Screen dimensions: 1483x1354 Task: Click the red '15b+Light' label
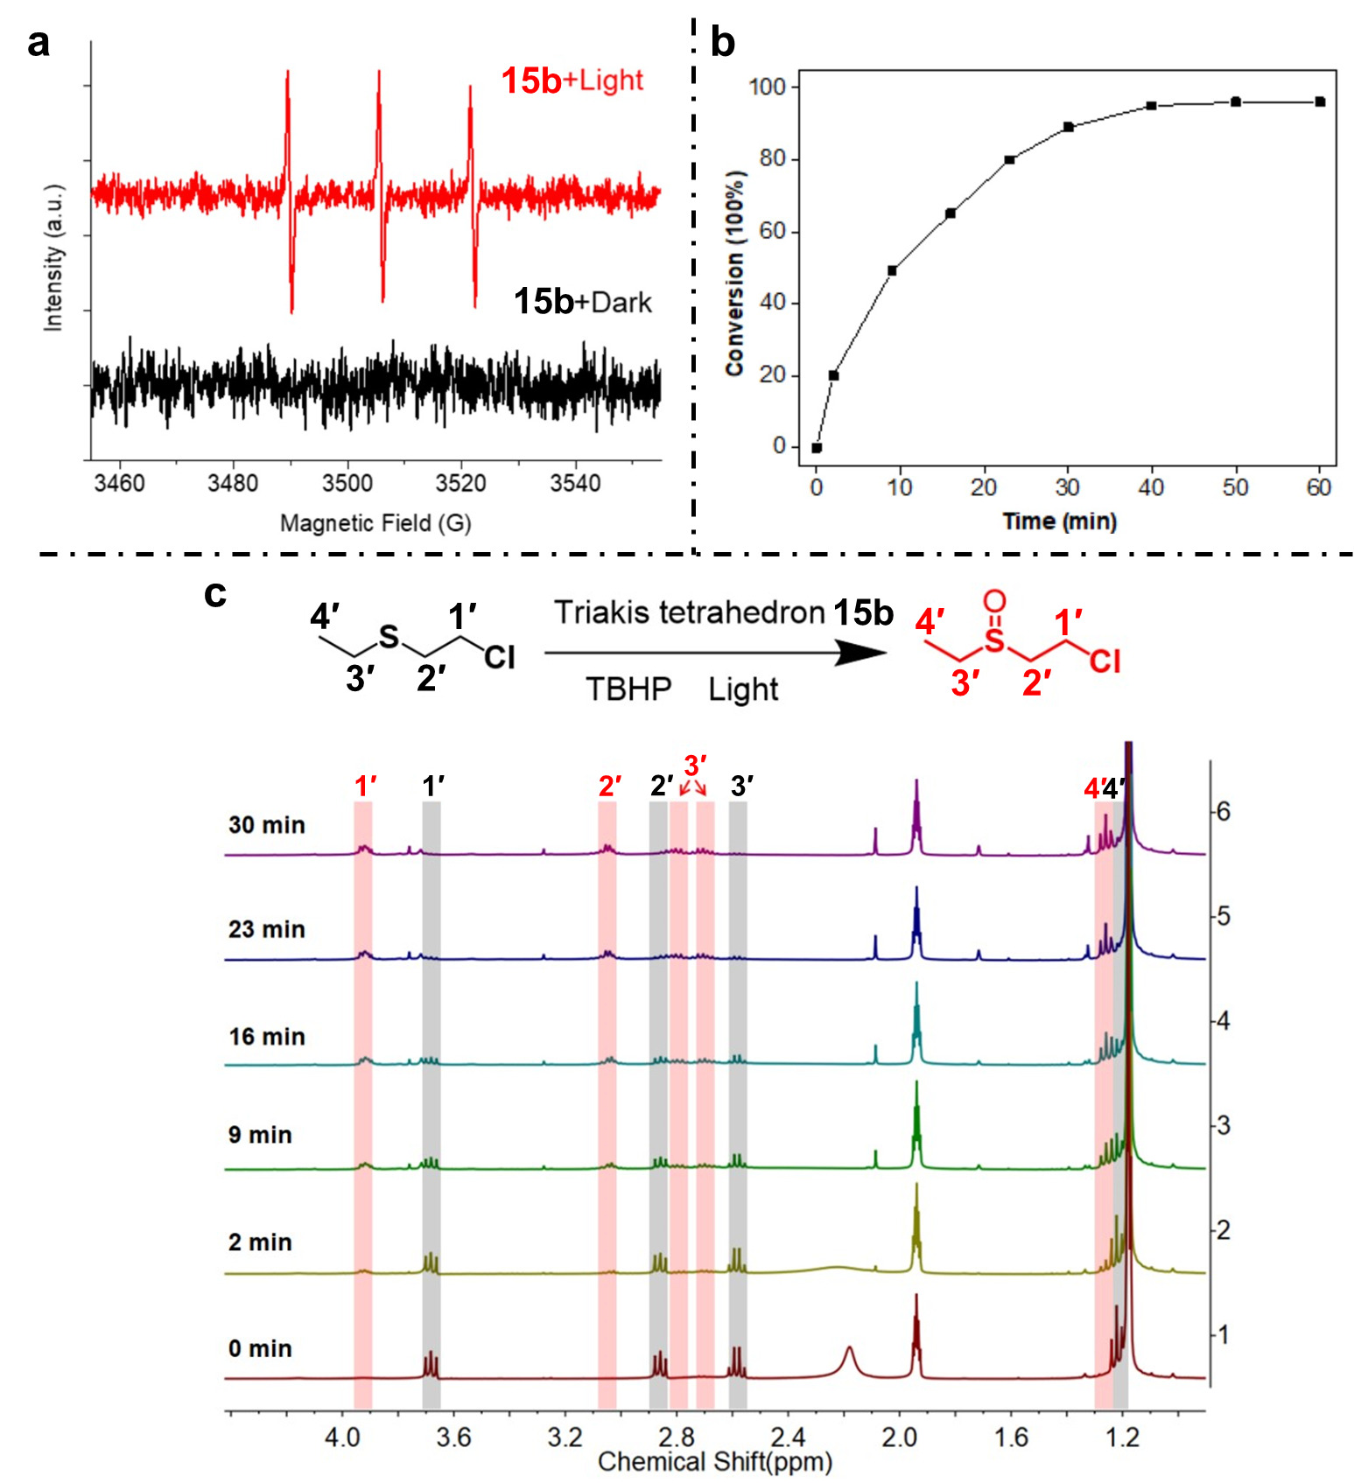[572, 80]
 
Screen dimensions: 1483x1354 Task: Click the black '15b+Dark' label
[582, 302]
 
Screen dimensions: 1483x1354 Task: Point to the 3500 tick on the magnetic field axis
[347, 482]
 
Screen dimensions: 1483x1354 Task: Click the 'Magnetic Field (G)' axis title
[375, 523]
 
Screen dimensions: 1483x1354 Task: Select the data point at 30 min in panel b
[1068, 127]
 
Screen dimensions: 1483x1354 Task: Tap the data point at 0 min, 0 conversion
[817, 447]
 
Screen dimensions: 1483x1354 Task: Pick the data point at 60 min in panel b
[1320, 101]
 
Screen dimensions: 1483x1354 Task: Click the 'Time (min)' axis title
[1059, 521]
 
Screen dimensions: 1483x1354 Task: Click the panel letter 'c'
[215, 594]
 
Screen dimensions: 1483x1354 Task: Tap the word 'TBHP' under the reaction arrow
[628, 689]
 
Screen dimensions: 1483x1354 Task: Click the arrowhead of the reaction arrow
[862, 652]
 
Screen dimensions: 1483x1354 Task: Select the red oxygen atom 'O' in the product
[994, 601]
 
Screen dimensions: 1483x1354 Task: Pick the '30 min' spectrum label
[267, 825]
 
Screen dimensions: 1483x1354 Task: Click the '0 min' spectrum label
[260, 1348]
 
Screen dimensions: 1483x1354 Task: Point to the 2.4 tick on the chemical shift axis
[788, 1438]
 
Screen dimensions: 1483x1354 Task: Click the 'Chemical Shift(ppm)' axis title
[714, 1462]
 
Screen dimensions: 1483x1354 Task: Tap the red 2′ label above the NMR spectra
[610, 787]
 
